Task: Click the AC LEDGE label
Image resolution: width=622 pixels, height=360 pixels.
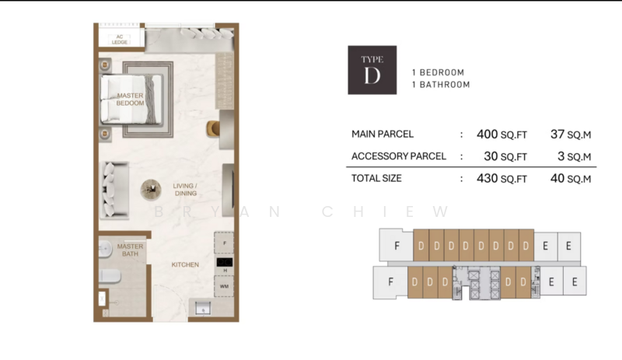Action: [x=119, y=39]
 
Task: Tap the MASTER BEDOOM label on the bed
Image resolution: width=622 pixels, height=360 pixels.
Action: [x=130, y=99]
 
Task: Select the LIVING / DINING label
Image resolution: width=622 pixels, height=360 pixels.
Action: [x=185, y=189]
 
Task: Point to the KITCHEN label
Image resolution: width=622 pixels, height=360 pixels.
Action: [x=185, y=264]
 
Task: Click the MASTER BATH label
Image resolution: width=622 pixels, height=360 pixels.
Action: [x=130, y=250]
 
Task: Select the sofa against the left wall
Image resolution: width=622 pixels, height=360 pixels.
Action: [x=113, y=189]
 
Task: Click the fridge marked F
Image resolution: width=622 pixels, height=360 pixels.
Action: [x=224, y=243]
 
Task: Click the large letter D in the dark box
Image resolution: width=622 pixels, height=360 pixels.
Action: [x=372, y=75]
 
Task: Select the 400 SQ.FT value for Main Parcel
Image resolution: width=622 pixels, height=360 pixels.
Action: [x=501, y=134]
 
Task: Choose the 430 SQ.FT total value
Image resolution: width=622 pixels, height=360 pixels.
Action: [x=501, y=178]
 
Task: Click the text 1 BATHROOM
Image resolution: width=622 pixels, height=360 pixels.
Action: [x=441, y=85]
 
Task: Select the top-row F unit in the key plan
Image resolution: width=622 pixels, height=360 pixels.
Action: [x=397, y=245]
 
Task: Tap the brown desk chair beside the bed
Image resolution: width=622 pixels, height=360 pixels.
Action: [x=212, y=128]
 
